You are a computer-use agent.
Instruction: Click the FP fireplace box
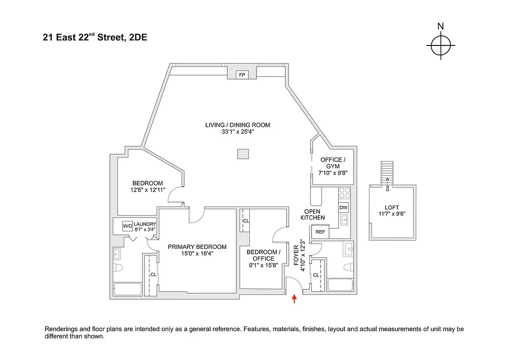[x=242, y=75]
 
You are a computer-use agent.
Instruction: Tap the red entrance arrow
[x=295, y=299]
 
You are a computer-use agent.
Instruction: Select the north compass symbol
[x=441, y=45]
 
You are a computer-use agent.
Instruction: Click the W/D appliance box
[x=128, y=225]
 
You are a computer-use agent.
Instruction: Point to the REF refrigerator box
[x=320, y=232]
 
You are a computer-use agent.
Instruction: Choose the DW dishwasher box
[x=344, y=207]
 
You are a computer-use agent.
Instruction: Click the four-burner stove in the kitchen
[x=344, y=193]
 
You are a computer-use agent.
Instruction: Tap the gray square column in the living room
[x=243, y=154]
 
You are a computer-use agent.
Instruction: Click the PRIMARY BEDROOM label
[x=197, y=247]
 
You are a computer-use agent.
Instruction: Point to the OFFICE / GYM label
[x=333, y=163]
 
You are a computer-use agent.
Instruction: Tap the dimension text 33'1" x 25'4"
[x=238, y=132]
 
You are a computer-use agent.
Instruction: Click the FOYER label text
[x=296, y=256]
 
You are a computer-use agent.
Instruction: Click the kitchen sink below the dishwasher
[x=344, y=220]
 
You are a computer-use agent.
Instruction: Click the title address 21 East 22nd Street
[x=95, y=38]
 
